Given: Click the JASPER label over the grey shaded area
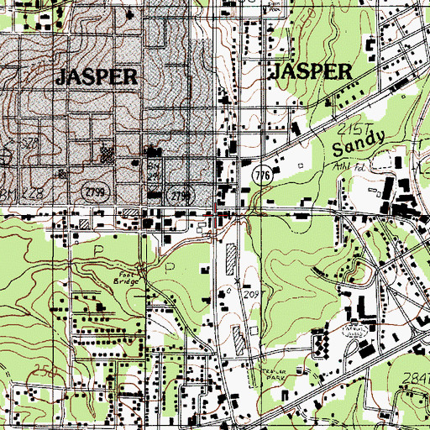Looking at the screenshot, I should [96, 77].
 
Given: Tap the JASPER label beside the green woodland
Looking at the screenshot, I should [309, 72].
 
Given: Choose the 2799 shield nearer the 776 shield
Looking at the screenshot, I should [177, 196].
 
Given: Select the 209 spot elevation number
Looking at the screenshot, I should [249, 296].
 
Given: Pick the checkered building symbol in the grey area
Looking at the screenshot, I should [107, 154].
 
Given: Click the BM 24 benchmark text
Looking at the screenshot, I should [154, 174].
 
